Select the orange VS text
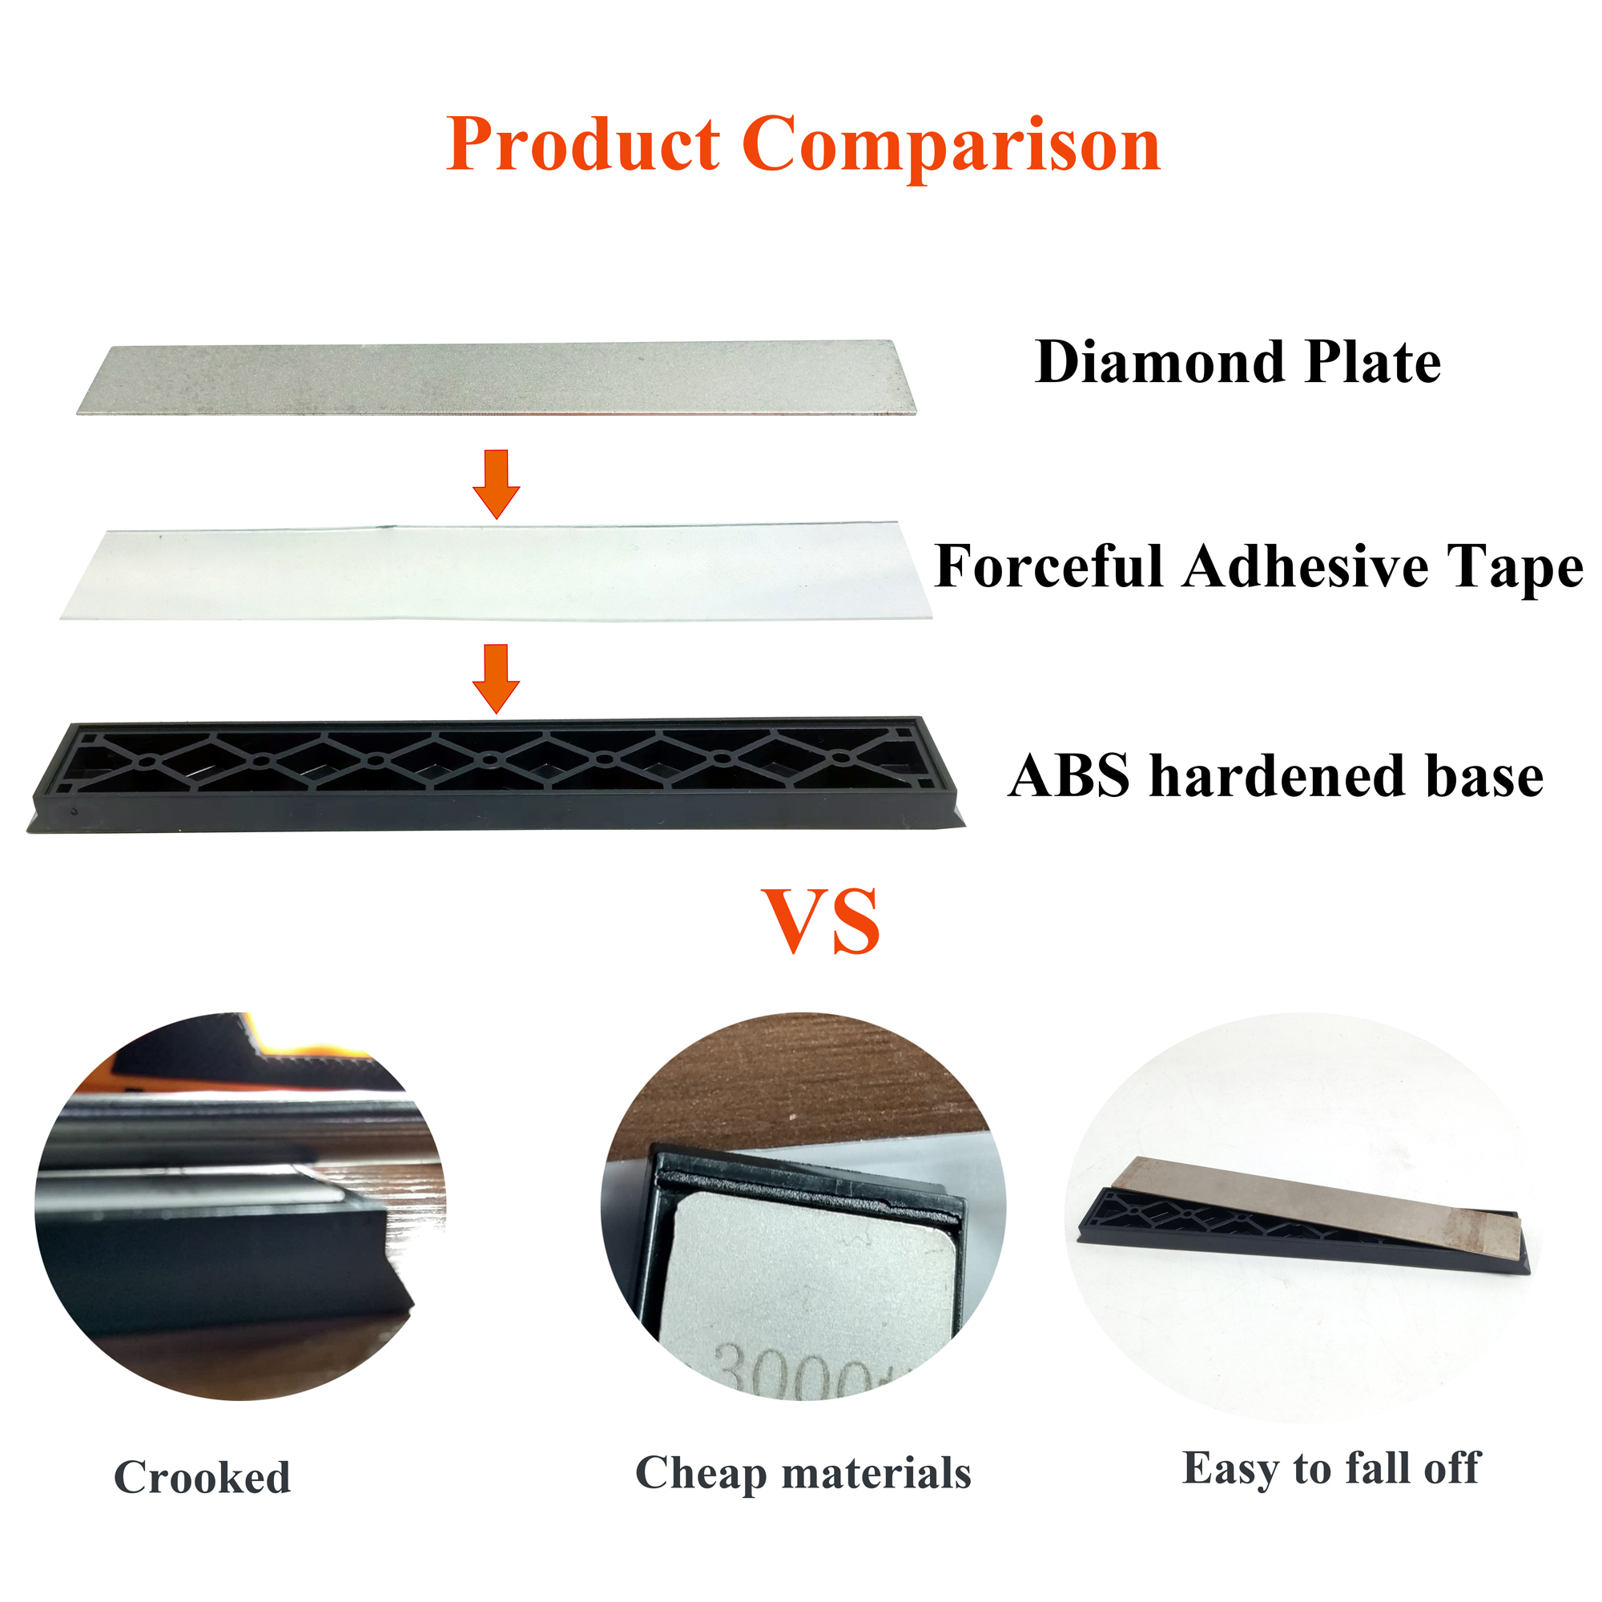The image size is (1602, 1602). pos(820,921)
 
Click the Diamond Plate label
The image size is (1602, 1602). pos(1238,362)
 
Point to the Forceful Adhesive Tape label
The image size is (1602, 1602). pos(1258,567)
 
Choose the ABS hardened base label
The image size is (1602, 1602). pos(1275,776)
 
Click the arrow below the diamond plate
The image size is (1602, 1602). pos(496,484)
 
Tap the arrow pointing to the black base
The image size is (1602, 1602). pos(496,678)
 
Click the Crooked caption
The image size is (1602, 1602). pos(203,1478)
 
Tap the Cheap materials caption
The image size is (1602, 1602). pos(803,1474)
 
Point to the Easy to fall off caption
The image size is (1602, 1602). pos(1330,1468)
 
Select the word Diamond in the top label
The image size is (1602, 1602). pos(1160,362)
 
